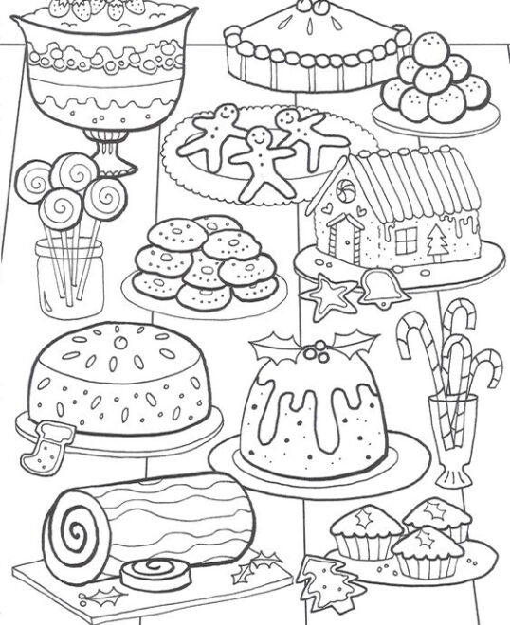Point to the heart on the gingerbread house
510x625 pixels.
click(x=328, y=203)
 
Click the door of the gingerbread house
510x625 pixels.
click(x=345, y=239)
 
